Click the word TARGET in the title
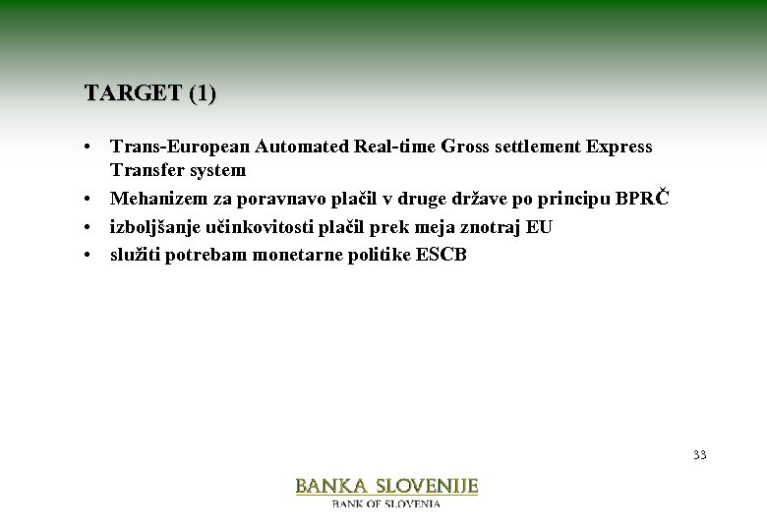point(132,94)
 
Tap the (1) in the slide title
point(202,94)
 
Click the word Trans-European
point(180,147)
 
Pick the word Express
point(619,147)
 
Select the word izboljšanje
point(158,227)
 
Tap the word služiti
point(138,255)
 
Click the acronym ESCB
point(442,255)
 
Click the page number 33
point(699,454)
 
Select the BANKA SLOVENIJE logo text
point(386,486)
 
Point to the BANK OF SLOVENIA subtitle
point(386,503)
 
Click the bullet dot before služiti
point(88,255)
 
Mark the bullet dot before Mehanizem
point(88,200)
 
